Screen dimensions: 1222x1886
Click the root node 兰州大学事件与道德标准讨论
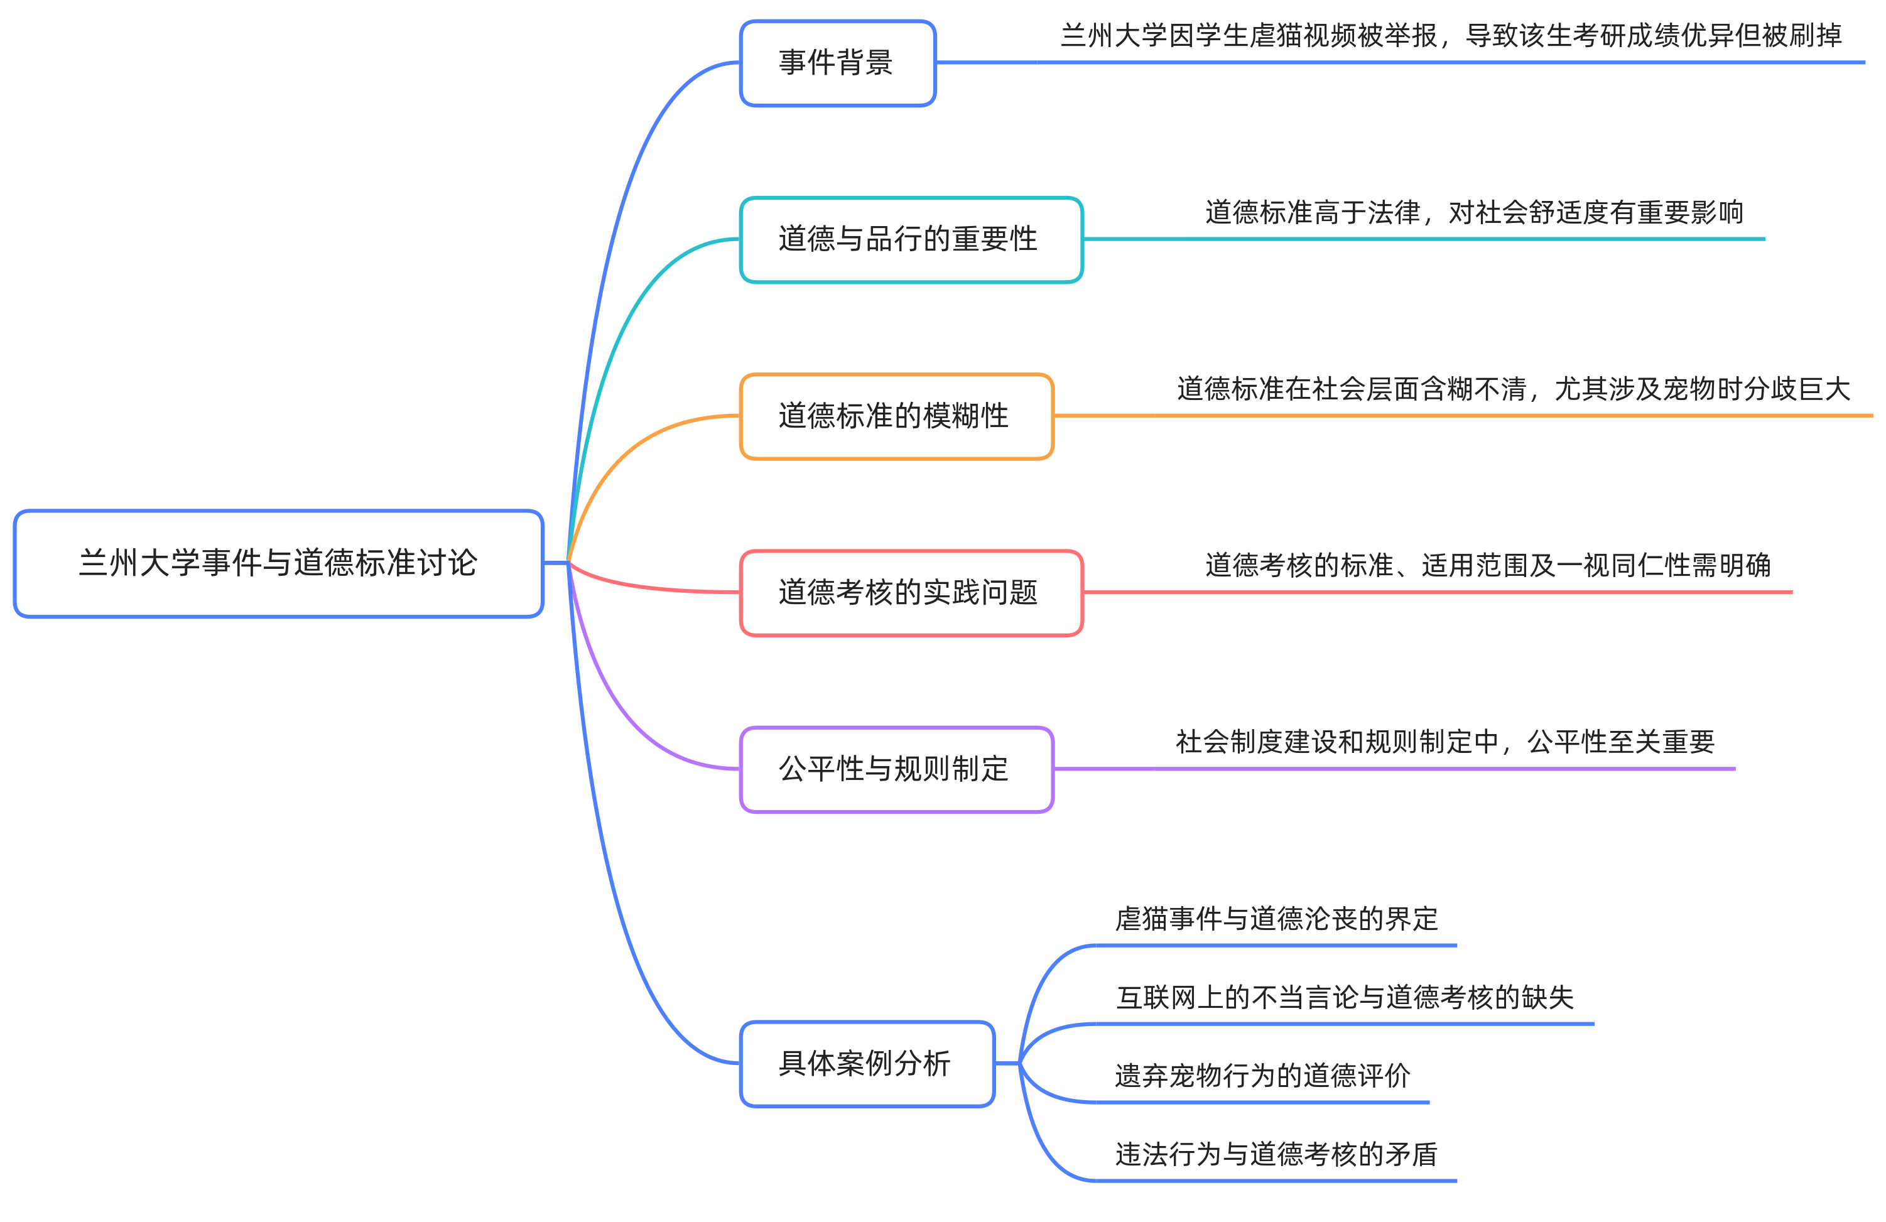coord(278,563)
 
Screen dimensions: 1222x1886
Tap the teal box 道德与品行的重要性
coord(911,239)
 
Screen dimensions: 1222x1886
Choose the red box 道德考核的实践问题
coord(911,593)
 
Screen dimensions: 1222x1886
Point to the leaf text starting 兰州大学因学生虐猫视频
coord(1450,36)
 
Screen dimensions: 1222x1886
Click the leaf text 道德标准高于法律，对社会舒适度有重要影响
coord(1474,212)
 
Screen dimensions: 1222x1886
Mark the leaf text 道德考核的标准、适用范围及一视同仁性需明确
coord(1487,566)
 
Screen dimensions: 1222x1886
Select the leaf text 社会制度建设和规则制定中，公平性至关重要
coord(1444,742)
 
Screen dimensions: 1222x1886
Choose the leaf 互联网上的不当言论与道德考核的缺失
coord(1345,998)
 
